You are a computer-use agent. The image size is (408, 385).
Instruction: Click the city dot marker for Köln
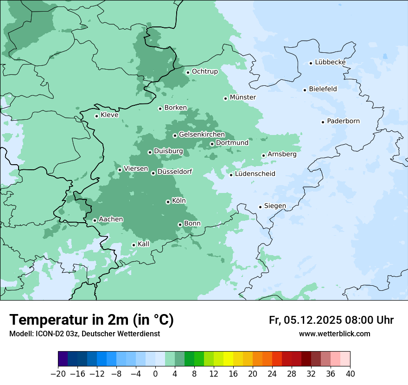tap(168, 202)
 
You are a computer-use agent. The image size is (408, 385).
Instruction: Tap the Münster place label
tap(242, 97)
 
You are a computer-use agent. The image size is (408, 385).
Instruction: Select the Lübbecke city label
tap(330, 62)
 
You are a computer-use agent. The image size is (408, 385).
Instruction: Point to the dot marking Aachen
tap(95, 220)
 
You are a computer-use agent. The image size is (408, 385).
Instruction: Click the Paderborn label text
tap(343, 121)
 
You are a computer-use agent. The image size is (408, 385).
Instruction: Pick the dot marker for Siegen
tap(260, 207)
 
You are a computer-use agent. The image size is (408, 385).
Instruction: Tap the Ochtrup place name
tap(204, 71)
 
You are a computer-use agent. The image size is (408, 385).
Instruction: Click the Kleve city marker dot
tap(96, 116)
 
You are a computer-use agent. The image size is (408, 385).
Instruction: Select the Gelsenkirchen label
tap(202, 135)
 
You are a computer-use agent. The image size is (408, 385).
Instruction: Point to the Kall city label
tap(143, 244)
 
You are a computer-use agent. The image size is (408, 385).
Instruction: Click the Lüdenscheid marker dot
tap(231, 175)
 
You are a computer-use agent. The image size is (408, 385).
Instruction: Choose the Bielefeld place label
tap(323, 89)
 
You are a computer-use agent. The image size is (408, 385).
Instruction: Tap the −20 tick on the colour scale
tap(58, 374)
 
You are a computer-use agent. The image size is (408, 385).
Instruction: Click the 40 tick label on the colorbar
tap(350, 374)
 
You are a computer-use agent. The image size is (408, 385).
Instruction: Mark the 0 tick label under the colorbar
tap(155, 374)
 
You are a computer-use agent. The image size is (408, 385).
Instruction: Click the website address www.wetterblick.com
tap(334, 334)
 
